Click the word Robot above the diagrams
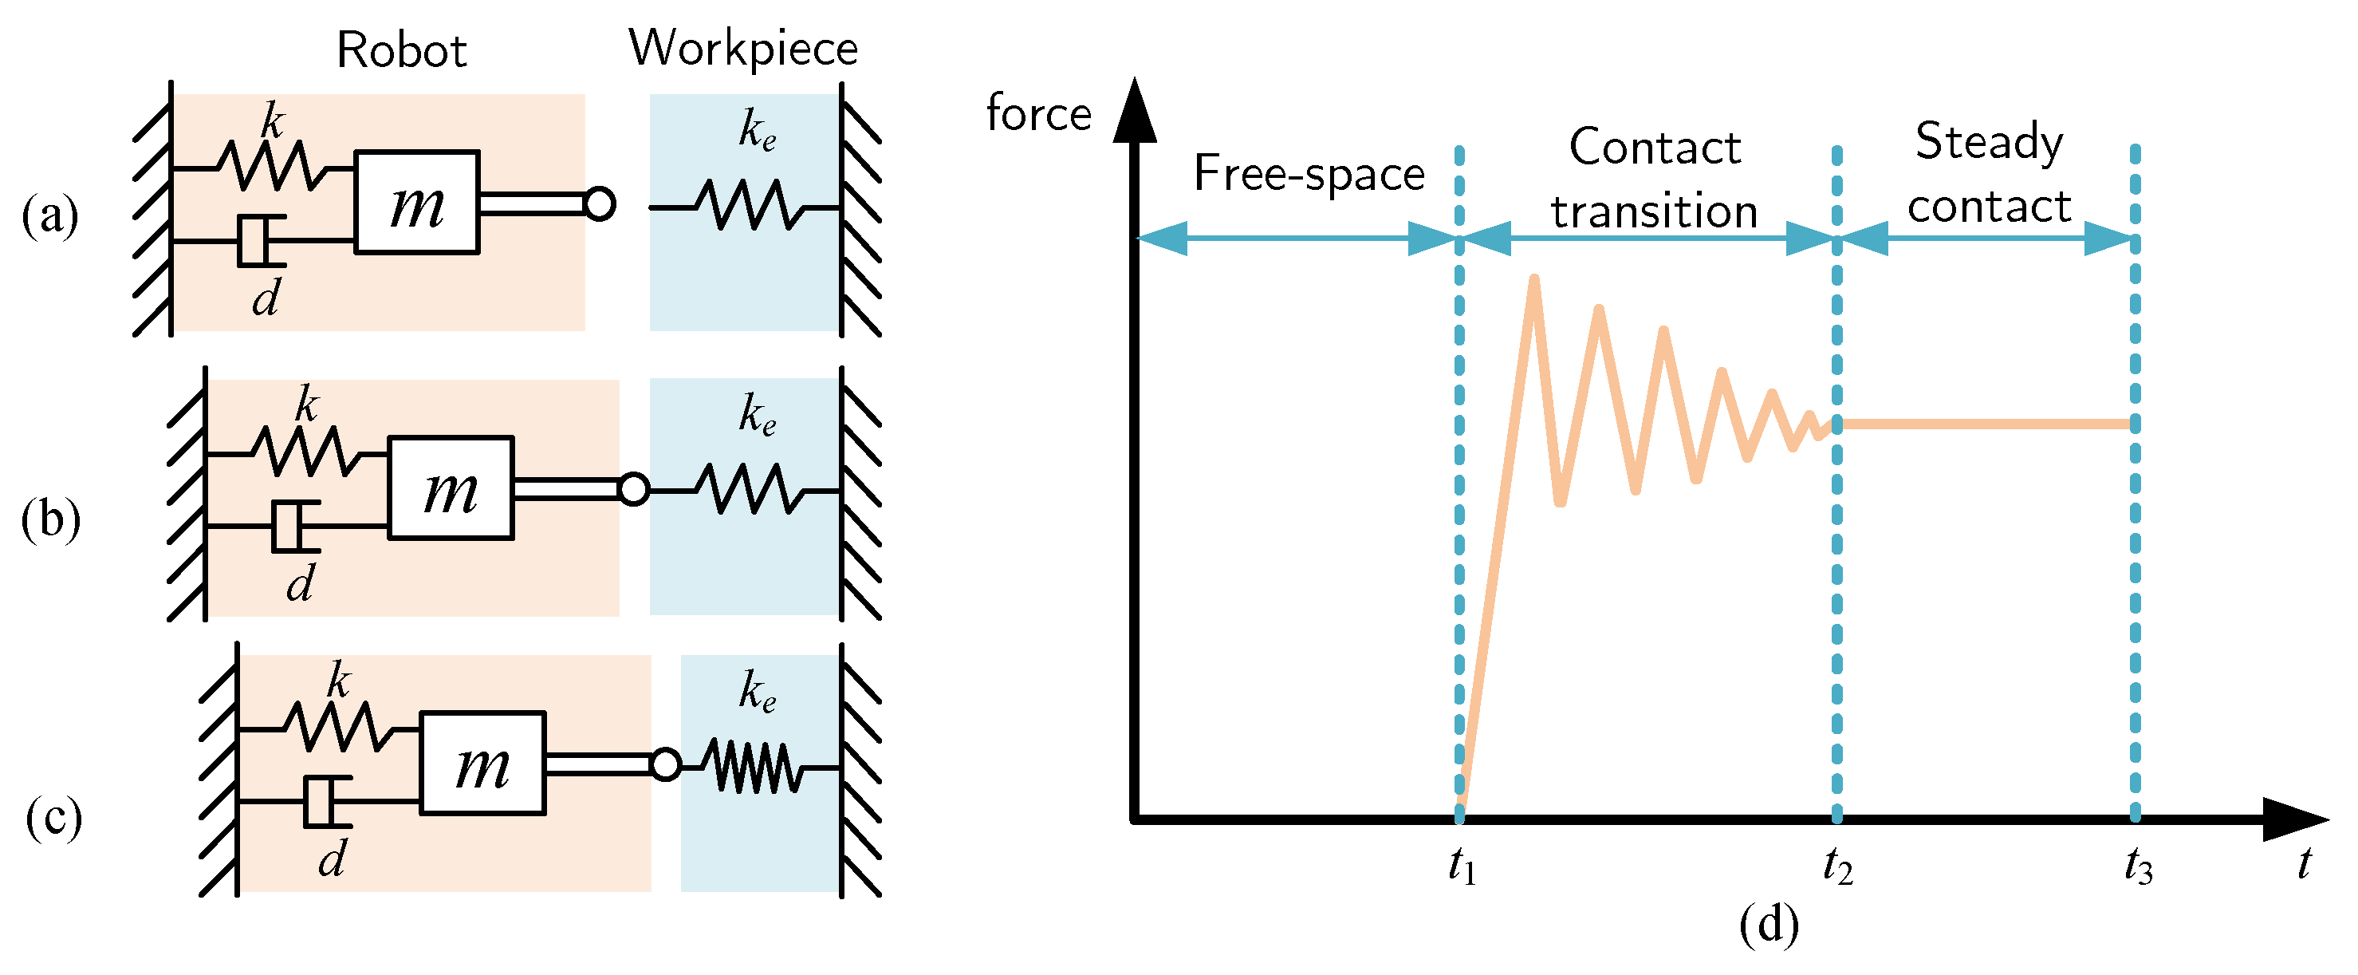click(x=402, y=49)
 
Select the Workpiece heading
click(x=742, y=48)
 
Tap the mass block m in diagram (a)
click(x=416, y=203)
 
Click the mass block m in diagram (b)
click(x=451, y=488)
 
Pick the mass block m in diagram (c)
click(x=482, y=764)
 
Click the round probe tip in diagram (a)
click(x=600, y=203)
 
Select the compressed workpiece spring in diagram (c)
click(x=754, y=766)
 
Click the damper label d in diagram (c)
click(x=333, y=859)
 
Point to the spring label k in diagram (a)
click(x=272, y=120)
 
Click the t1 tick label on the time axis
click(x=1462, y=865)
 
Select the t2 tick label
click(x=1837, y=865)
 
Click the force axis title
click(x=1039, y=113)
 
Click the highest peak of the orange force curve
click(x=1533, y=278)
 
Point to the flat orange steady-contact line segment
click(x=1986, y=424)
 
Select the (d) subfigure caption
click(x=1769, y=925)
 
